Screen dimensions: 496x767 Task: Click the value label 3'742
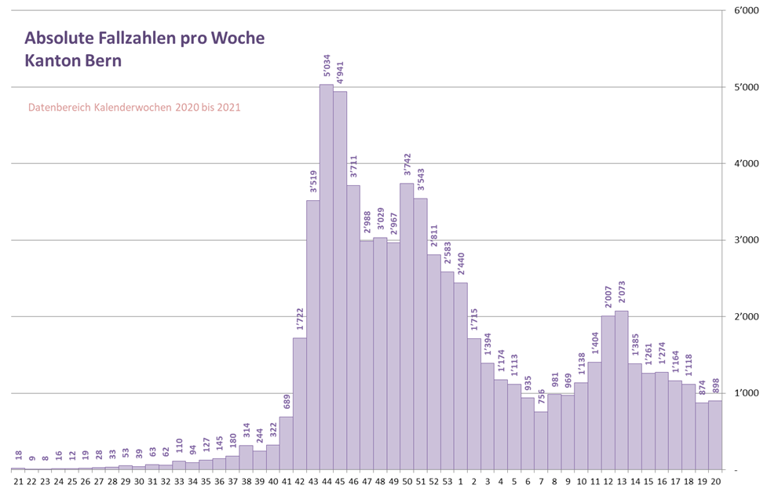pyautogui.click(x=407, y=166)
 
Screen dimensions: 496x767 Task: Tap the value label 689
pyautogui.click(x=286, y=403)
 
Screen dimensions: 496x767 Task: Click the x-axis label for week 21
pyautogui.click(x=18, y=482)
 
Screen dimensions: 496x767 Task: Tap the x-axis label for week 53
pyautogui.click(x=447, y=482)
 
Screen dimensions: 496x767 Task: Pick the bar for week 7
pyautogui.click(x=541, y=440)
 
